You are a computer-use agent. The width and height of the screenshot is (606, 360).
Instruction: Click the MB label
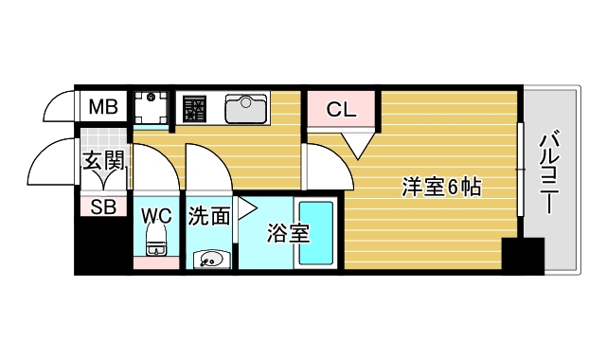(x=103, y=107)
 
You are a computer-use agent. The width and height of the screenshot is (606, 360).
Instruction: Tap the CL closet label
(x=341, y=109)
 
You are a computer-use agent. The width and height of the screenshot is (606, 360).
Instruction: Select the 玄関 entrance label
(x=104, y=161)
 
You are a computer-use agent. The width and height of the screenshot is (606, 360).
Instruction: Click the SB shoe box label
(x=103, y=207)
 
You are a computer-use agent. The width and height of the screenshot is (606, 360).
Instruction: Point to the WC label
(x=156, y=215)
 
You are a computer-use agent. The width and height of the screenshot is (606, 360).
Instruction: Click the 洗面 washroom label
(x=208, y=216)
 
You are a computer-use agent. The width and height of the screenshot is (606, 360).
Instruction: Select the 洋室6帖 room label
(x=441, y=188)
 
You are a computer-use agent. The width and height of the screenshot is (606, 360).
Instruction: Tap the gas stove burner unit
(x=196, y=109)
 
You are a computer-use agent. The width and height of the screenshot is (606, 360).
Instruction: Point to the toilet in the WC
(x=156, y=244)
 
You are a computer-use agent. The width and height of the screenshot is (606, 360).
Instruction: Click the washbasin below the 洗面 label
(x=210, y=257)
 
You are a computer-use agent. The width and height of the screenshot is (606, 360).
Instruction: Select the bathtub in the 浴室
(x=316, y=236)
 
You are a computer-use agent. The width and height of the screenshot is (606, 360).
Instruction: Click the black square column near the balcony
(x=523, y=256)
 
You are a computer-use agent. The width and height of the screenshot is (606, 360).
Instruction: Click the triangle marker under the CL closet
(x=356, y=143)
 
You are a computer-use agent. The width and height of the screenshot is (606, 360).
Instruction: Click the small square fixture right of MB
(x=150, y=107)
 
